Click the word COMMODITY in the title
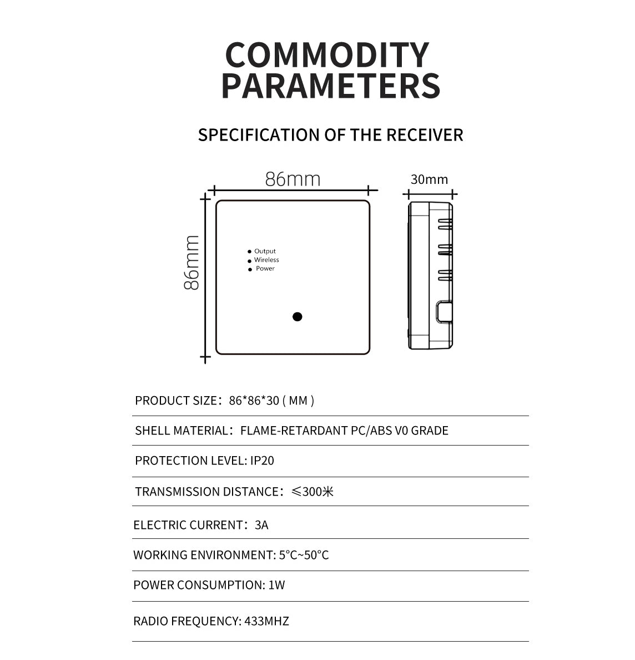pos(327,54)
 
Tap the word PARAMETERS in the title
pos(330,86)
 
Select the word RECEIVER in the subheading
pos(424,135)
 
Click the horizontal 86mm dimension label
pos(293,179)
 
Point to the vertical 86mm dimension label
pos(191,263)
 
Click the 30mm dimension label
pos(430,179)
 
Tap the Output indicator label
pos(265,251)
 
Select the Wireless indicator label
pos(266,260)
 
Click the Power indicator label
pos(265,268)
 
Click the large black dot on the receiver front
pos(298,317)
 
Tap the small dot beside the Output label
pos(249,252)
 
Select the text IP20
pos(262,461)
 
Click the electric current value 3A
pos(261,525)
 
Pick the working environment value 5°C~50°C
pos(304,555)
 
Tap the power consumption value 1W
pos(277,585)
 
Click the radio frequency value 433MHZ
pos(266,621)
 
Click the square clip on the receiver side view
pos(444,312)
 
